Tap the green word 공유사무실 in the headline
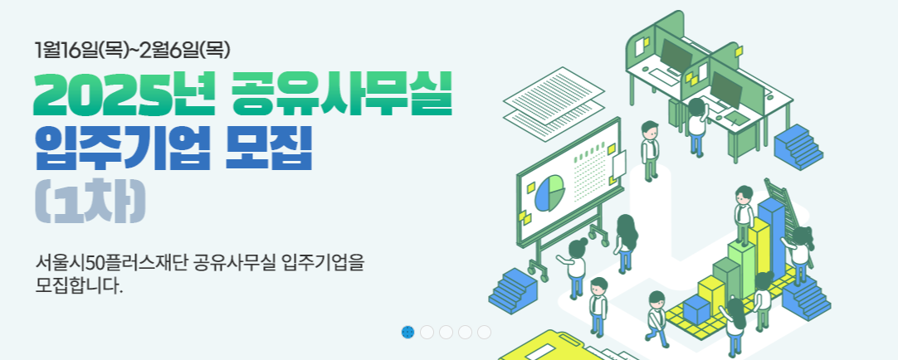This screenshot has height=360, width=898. tap(342, 95)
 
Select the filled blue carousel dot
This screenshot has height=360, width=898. tap(408, 333)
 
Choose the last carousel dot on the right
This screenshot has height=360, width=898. tap(484, 333)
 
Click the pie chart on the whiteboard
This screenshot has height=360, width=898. tap(549, 192)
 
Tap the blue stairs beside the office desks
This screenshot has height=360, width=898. tap(798, 146)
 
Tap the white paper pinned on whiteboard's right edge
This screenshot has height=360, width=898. tap(619, 167)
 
